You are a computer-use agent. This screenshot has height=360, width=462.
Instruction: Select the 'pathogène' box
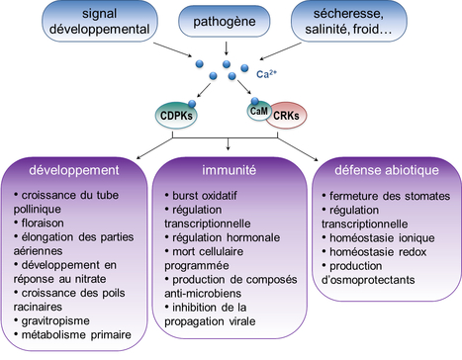point(229,20)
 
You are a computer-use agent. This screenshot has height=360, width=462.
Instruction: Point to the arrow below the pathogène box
point(229,46)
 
